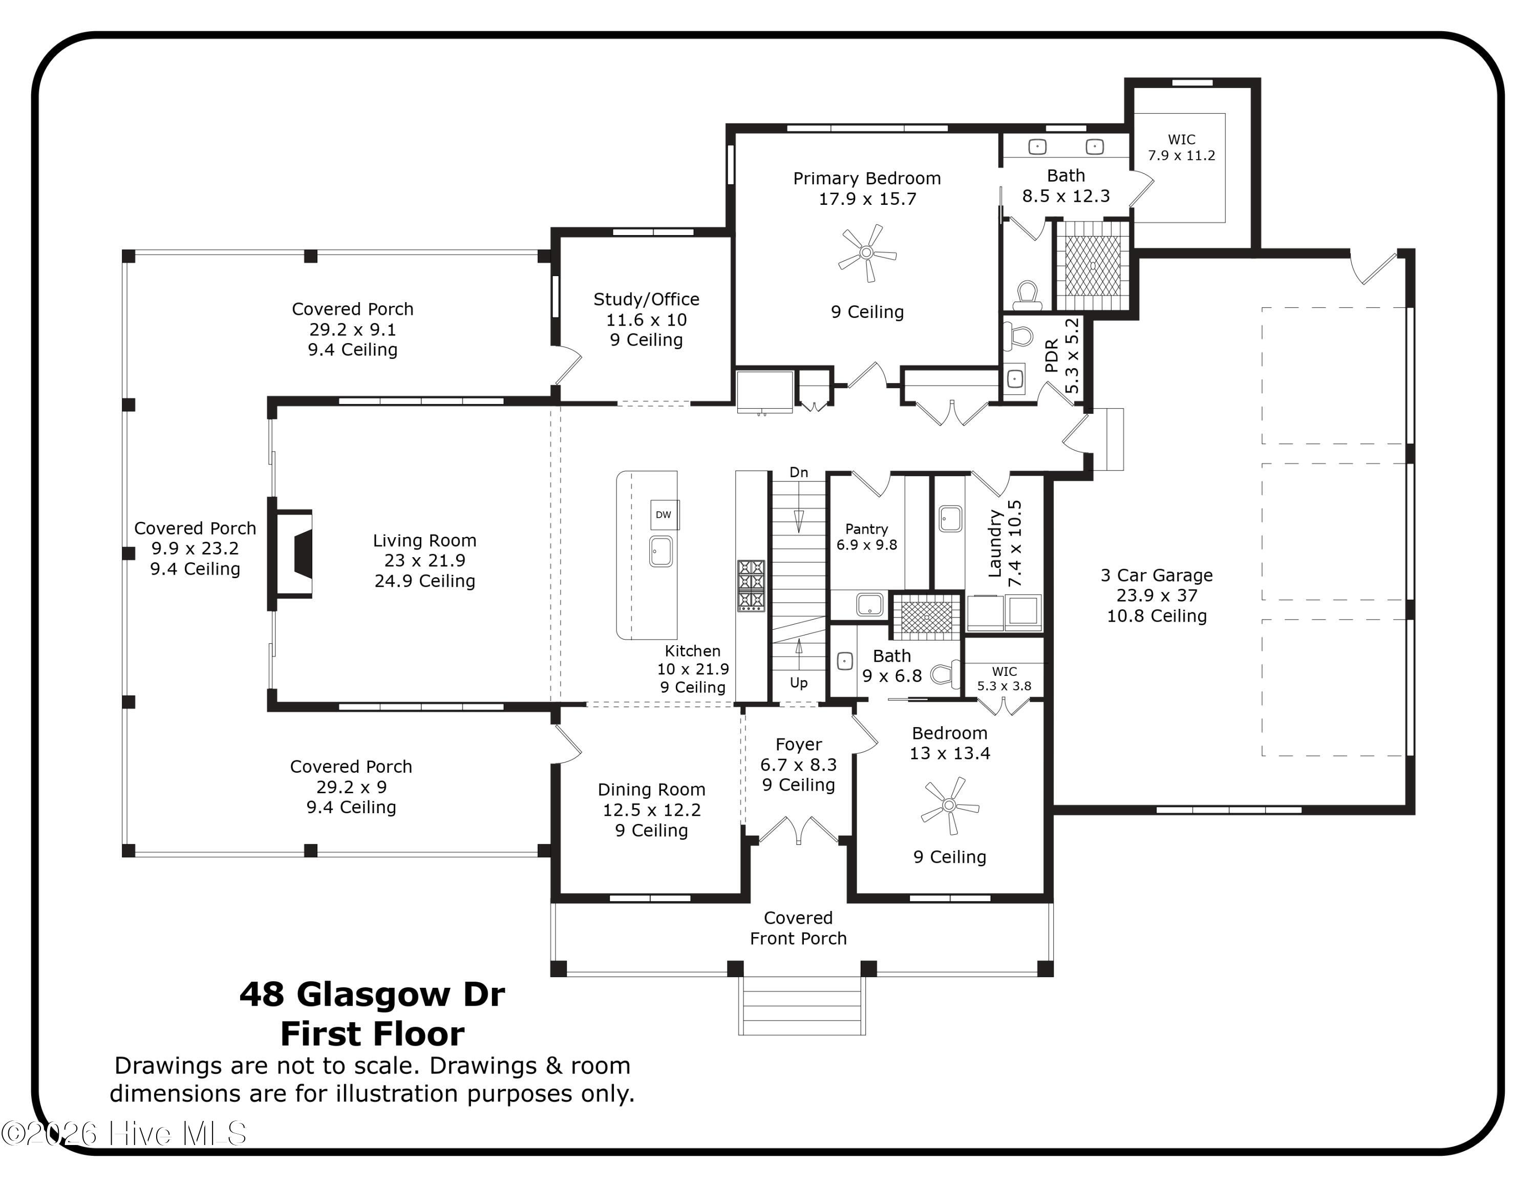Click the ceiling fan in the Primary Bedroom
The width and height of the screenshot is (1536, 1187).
pos(866,253)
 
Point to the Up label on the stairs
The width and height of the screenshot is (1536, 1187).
pos(799,683)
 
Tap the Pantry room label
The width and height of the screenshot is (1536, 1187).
pos(866,529)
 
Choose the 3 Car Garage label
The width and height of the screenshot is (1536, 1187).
pos(1157,575)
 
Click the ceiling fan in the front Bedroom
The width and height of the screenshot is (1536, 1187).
pos(949,805)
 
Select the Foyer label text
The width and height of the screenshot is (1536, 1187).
pos(799,745)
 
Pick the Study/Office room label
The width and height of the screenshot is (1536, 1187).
pos(646,300)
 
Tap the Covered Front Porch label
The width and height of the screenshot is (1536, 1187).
pos(798,928)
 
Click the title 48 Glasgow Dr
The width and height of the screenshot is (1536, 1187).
pos(372,995)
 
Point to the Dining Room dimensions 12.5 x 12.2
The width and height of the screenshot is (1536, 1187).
pos(652,810)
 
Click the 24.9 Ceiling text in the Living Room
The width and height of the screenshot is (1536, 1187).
pos(425,581)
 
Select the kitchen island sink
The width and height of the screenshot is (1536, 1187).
pos(660,552)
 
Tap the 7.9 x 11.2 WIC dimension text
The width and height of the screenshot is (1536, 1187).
pos(1182,155)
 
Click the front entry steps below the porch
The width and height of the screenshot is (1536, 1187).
pos(802,1006)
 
